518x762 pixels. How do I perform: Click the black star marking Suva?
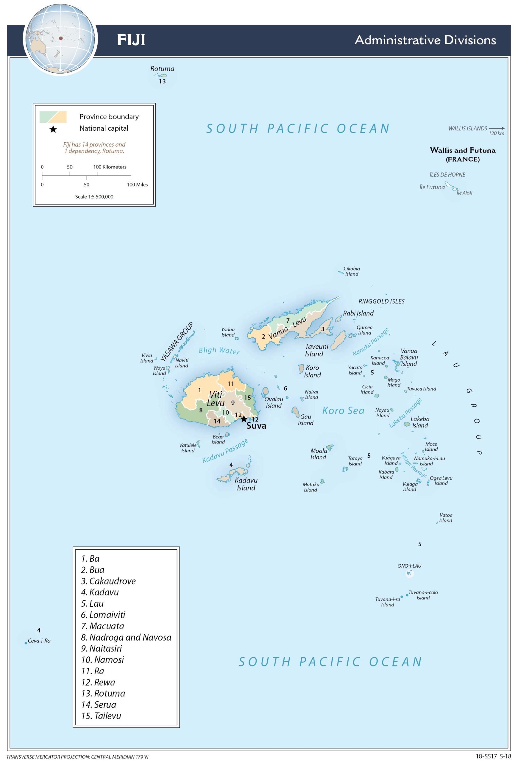pyautogui.click(x=244, y=419)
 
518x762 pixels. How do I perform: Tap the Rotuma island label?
pyautogui.click(x=162, y=69)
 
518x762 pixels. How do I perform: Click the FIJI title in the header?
pyautogui.click(x=131, y=40)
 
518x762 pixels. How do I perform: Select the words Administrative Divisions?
pyautogui.click(x=425, y=40)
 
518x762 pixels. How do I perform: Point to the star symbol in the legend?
pyautogui.click(x=53, y=129)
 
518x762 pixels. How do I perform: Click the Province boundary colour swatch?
pyautogui.click(x=53, y=117)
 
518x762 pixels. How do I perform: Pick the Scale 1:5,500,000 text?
pyautogui.click(x=94, y=197)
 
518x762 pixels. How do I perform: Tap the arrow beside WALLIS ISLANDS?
pyautogui.click(x=496, y=129)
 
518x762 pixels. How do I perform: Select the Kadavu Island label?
pyautogui.click(x=246, y=484)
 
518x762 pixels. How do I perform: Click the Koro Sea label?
pyautogui.click(x=343, y=411)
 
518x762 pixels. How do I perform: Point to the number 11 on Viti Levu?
pyautogui.click(x=231, y=384)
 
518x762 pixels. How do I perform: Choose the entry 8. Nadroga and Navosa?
pyautogui.click(x=126, y=637)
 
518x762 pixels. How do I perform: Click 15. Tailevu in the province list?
pyautogui.click(x=101, y=716)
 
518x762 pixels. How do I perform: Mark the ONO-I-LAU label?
pyautogui.click(x=409, y=566)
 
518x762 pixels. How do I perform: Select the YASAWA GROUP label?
pyautogui.click(x=177, y=342)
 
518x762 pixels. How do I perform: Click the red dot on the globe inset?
pyautogui.click(x=61, y=38)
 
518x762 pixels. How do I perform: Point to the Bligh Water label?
pyautogui.click(x=219, y=351)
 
